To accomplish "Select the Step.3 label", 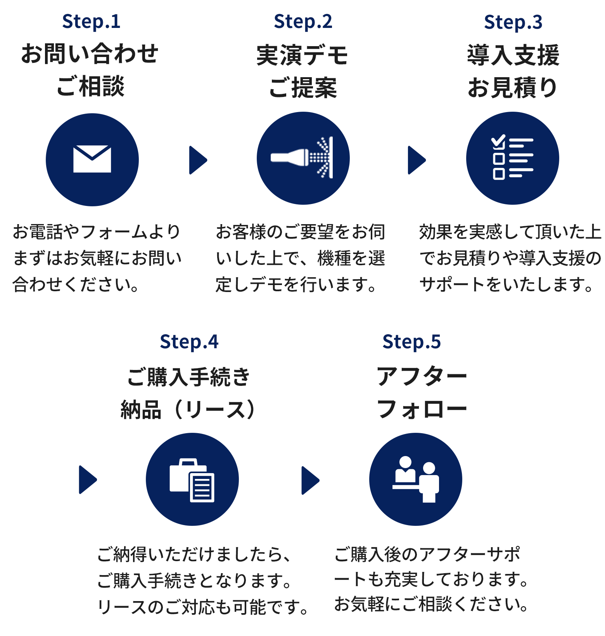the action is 513,22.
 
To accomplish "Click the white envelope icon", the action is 92,159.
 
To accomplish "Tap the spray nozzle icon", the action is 302,157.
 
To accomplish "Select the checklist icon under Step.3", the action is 512,157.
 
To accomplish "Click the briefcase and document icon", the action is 192,480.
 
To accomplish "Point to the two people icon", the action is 416,479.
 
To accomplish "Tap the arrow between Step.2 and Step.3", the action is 417,160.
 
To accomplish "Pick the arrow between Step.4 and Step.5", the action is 311,480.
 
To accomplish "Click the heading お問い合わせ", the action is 90,54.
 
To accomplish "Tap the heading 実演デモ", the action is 302,55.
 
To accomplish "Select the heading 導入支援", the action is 513,55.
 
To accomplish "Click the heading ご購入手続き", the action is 189,377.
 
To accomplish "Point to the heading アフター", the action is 422,376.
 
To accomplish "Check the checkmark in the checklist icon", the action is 498,141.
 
